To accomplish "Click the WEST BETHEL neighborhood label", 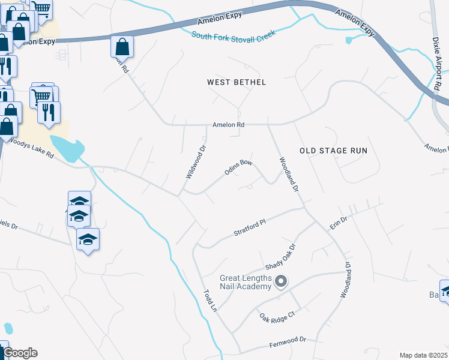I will pyautogui.click(x=236, y=82).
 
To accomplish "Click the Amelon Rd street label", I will pyautogui.click(x=229, y=125).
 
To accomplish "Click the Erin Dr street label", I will pyautogui.click(x=339, y=224).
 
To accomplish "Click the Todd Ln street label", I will pyautogui.click(x=209, y=297).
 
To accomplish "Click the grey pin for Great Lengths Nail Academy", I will pyautogui.click(x=280, y=281).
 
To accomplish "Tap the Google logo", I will pyautogui.click(x=19, y=353).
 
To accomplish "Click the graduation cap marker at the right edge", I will pyautogui.click(x=445, y=292).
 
